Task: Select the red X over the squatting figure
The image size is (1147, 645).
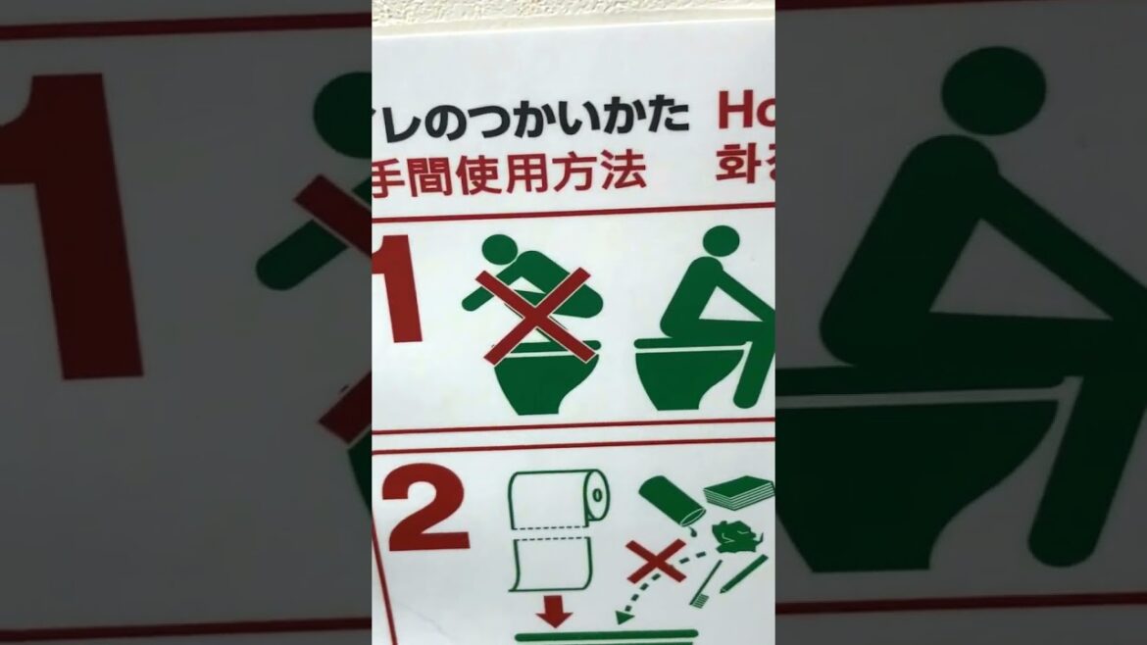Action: point(534,314)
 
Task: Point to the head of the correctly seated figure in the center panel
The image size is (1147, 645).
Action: point(721,240)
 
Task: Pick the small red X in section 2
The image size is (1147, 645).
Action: point(656,562)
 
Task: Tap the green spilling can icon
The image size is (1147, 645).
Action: point(672,500)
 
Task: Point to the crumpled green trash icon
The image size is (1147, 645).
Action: point(736,538)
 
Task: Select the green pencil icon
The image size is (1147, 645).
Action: point(745,574)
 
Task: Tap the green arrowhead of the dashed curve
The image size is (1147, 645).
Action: point(622,616)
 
